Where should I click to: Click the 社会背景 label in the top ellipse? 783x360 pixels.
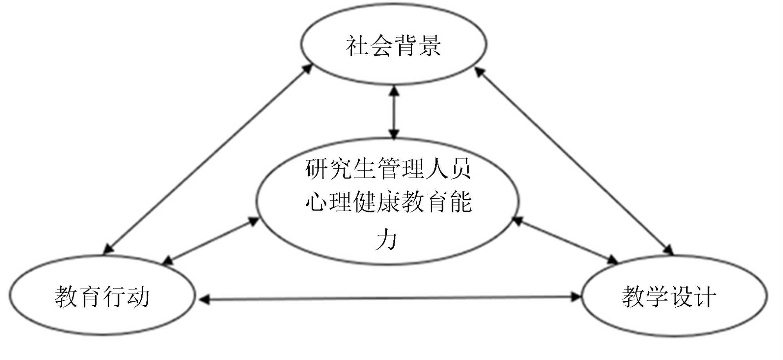point(393,45)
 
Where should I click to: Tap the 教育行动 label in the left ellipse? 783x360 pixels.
point(102,296)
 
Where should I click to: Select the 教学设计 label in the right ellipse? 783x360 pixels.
point(669,296)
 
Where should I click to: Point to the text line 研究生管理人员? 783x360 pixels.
point(388,169)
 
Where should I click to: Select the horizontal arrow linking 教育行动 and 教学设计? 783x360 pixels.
point(391,299)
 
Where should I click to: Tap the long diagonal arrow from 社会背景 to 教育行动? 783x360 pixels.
point(207,160)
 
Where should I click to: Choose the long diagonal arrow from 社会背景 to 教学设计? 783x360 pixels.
point(574,160)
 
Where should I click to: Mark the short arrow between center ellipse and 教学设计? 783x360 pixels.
point(566,241)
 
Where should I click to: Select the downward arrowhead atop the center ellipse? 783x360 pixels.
point(394,134)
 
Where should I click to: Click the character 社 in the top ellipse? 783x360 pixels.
point(357,45)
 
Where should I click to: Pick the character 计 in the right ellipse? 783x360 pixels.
point(705,296)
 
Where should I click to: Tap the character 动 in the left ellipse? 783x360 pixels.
point(138,296)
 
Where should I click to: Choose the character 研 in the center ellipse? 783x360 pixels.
point(316,169)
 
